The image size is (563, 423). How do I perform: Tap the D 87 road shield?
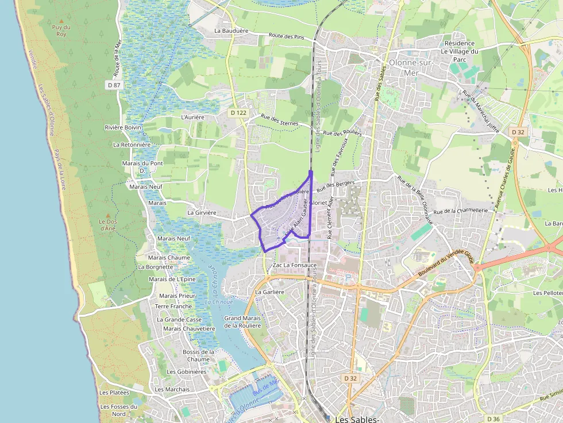coord(114,85)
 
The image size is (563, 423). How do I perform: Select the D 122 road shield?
coord(238,113)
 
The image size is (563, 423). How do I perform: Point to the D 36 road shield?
coord(492,418)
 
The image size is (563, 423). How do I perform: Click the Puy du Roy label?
coord(61,30)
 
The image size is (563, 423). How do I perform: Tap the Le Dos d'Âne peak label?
coord(108,224)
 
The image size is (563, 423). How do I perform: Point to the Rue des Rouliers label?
coord(342,133)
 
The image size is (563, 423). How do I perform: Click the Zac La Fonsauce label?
coord(294,265)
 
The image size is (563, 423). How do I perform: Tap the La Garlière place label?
coord(269,292)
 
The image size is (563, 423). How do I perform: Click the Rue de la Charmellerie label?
coord(461,211)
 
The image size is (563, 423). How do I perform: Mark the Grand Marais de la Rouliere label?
coord(242,321)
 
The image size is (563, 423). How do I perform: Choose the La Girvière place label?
coord(202,212)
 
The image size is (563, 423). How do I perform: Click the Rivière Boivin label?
coord(123,127)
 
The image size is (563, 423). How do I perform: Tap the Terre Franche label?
coord(173,306)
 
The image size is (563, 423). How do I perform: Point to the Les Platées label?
coord(114,393)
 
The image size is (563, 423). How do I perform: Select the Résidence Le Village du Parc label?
coord(459,51)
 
